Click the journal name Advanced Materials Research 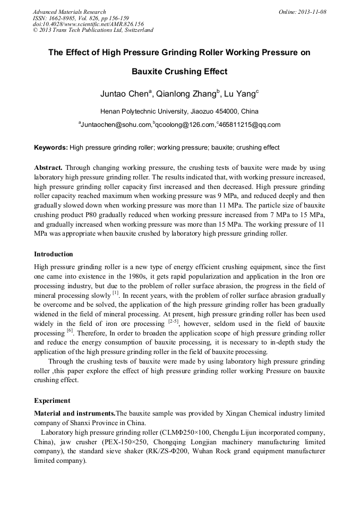[x=69, y=12]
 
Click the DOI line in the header [x=88, y=24]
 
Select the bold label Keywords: [x=51, y=147]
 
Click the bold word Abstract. [x=48, y=167]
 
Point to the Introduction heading [x=54, y=254]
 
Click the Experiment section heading [x=52, y=400]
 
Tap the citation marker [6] [x=70, y=332]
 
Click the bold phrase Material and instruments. [x=74, y=413]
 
